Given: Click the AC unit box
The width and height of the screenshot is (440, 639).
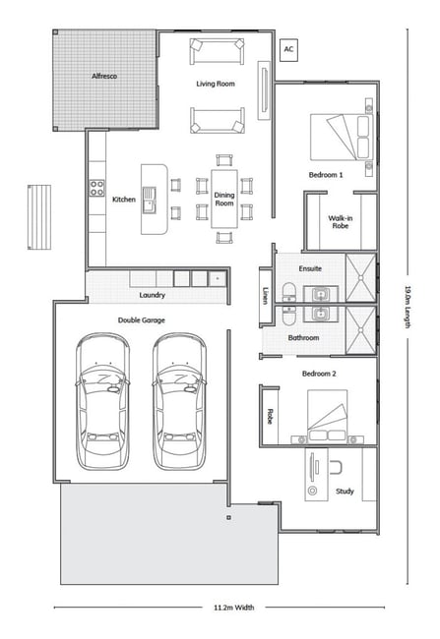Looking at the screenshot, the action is (x=288, y=50).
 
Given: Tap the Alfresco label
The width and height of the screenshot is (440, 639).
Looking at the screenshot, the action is (x=104, y=77).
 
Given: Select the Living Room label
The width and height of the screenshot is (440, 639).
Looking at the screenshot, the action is (x=216, y=84).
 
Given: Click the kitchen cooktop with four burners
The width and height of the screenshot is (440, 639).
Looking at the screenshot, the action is (x=96, y=189).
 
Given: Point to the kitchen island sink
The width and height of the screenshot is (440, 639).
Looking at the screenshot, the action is (x=149, y=201).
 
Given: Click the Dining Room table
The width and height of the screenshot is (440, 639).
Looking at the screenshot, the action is (x=224, y=199).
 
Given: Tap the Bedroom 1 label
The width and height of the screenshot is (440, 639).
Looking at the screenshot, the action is (x=326, y=175).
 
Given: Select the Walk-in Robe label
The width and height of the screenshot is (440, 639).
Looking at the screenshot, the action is (x=341, y=222).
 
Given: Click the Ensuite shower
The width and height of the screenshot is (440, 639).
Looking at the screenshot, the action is (x=361, y=277).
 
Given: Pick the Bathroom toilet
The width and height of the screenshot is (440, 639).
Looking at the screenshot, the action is (x=288, y=315).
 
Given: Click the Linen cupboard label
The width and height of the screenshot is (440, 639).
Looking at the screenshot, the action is (x=266, y=296).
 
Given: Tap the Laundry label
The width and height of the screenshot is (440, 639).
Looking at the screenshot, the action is (x=153, y=295).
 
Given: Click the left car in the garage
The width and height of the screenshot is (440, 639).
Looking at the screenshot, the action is (x=102, y=401).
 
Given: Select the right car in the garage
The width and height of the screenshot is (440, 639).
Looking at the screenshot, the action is (x=179, y=401).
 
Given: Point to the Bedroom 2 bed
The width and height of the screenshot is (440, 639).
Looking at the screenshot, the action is (x=328, y=416).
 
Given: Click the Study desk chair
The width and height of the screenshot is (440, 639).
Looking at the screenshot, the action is (x=335, y=467).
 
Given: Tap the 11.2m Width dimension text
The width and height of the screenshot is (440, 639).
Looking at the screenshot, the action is (x=234, y=608).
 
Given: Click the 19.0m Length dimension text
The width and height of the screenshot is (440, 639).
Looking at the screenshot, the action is (x=408, y=307).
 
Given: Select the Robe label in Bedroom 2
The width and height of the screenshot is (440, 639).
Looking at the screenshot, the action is (x=270, y=416).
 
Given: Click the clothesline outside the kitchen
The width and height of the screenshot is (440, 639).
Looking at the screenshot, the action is (x=39, y=217).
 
